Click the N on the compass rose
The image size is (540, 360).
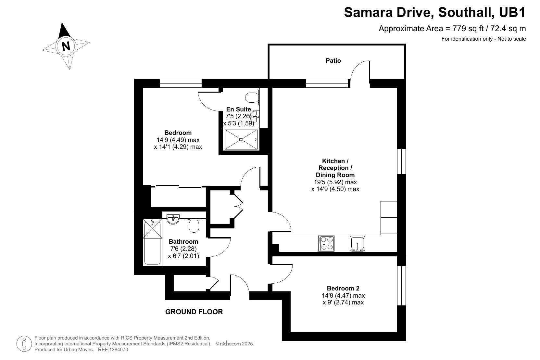click(x=66, y=46)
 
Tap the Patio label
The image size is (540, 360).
click(x=333, y=60)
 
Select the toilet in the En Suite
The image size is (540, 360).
click(x=252, y=97)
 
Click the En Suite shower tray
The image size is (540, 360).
click(x=241, y=139)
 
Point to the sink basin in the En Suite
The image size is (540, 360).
click(x=255, y=117)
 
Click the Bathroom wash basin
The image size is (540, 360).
click(x=173, y=219)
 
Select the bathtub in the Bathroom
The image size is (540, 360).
click(x=152, y=241)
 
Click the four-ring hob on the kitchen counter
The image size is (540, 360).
click(x=326, y=243)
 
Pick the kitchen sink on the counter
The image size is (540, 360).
click(x=357, y=243)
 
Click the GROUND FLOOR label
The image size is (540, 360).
click(x=194, y=312)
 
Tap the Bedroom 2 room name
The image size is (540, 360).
click(x=343, y=288)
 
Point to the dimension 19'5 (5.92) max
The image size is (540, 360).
click(x=335, y=182)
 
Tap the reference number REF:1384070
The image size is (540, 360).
click(x=113, y=350)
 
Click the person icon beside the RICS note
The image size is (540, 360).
click(x=24, y=344)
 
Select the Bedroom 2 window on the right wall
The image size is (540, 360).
click(x=401, y=286)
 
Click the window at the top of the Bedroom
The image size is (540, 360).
click(x=181, y=83)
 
